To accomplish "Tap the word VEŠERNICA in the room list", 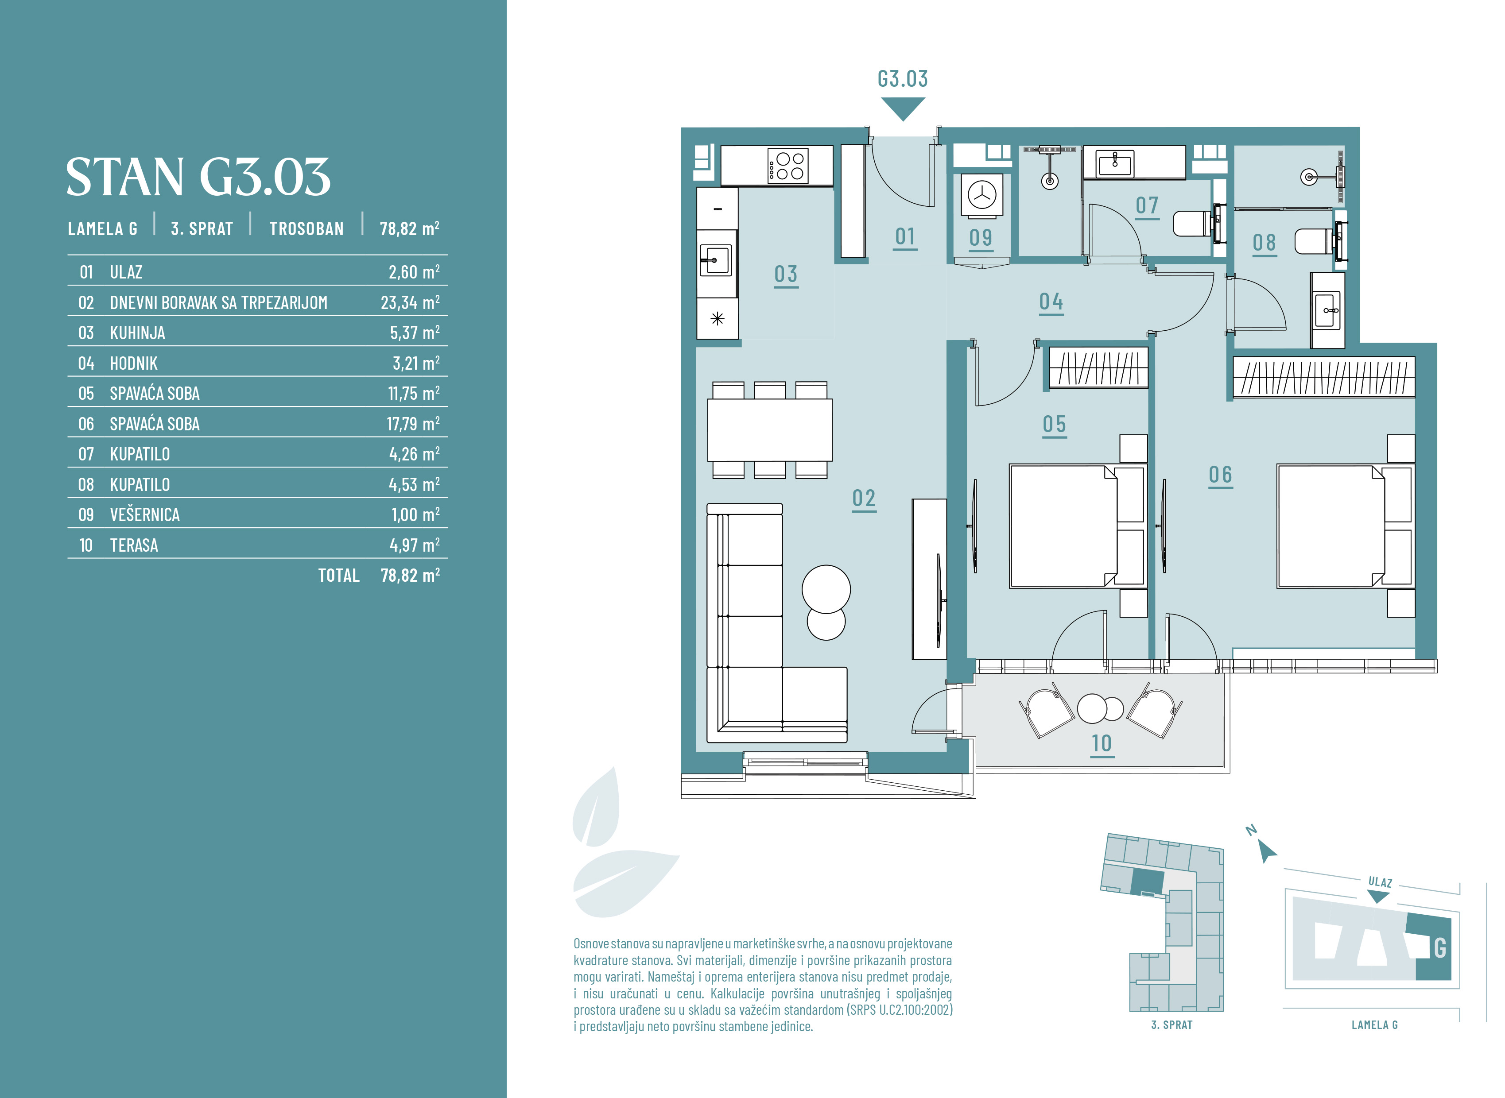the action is [x=144, y=514].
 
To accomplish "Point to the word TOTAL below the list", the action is [x=338, y=575].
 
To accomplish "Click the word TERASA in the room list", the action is [x=134, y=545].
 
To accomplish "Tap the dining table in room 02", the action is [x=770, y=430].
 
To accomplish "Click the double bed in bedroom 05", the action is [x=1078, y=526].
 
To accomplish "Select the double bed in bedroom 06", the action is [x=1346, y=526].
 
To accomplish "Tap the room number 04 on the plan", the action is [x=1051, y=302].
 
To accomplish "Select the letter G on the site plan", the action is [x=1440, y=948].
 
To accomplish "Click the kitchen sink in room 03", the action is [x=715, y=260].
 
